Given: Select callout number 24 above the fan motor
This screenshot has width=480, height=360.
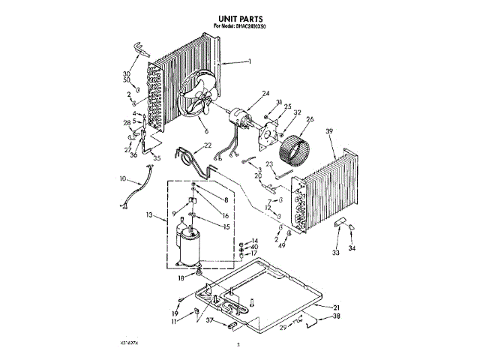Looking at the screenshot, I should click(265, 94).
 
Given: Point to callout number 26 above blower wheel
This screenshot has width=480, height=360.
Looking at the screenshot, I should click(309, 118).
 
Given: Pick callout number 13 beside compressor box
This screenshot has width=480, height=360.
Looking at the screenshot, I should click(150, 215).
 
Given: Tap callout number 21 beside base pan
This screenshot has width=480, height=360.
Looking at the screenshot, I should click(337, 308).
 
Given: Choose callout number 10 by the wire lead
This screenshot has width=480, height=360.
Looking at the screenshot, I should click(123, 178).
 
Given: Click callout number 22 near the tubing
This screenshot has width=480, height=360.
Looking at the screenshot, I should click(208, 145).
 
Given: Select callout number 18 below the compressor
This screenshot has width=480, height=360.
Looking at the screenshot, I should click(180, 277).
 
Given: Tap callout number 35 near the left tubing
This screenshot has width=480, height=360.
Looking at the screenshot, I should click(157, 158).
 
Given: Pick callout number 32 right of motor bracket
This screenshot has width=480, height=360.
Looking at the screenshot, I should click(297, 113).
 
